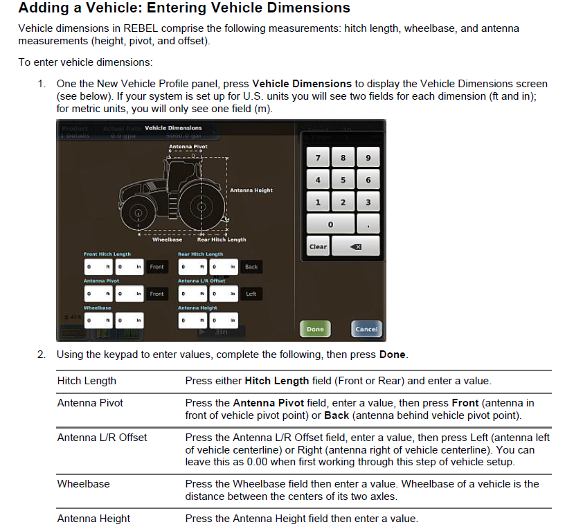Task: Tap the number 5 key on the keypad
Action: click(343, 180)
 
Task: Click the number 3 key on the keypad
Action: click(368, 202)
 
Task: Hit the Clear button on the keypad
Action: click(318, 246)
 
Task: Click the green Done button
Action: click(315, 329)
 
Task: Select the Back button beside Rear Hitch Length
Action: click(251, 267)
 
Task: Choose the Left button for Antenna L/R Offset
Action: click(251, 294)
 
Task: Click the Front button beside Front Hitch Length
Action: click(157, 267)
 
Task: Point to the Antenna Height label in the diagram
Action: click(251, 190)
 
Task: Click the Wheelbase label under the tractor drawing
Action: click(167, 240)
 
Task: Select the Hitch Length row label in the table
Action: click(87, 381)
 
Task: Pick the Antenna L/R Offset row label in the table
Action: click(102, 437)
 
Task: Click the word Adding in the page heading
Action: click(42, 9)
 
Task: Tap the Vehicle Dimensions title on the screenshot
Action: click(173, 128)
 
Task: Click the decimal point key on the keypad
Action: click(368, 224)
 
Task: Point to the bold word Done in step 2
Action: click(393, 355)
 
